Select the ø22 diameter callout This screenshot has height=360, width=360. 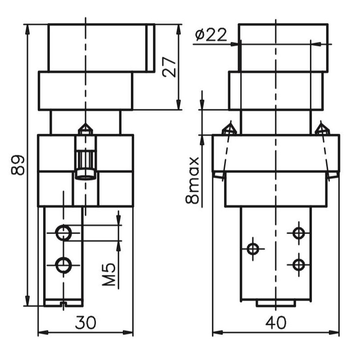click(x=211, y=35)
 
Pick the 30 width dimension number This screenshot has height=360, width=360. click(x=85, y=323)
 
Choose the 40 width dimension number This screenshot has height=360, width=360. click(x=275, y=323)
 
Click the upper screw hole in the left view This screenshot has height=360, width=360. click(x=62, y=233)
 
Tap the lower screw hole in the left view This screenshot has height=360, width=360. click(x=62, y=265)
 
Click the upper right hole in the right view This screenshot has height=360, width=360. click(x=298, y=233)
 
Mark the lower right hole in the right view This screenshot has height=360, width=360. click(x=298, y=264)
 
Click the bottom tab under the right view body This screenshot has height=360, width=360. click(x=275, y=304)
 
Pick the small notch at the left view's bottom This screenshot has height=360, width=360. click(x=63, y=304)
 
